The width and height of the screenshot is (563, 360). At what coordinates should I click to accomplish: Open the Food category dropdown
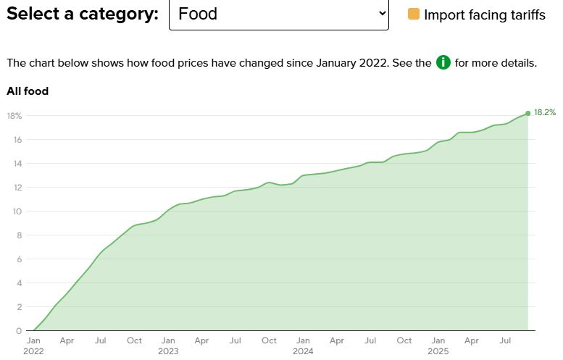(278, 14)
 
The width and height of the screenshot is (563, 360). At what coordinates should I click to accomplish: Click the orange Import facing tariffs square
(414, 14)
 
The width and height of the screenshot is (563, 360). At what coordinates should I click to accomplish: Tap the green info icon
(443, 62)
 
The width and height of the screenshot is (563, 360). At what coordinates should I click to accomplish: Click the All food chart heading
(28, 91)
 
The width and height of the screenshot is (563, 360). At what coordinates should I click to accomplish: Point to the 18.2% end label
(545, 112)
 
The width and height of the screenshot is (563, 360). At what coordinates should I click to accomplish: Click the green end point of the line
(527, 113)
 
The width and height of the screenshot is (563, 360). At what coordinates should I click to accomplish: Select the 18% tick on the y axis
(14, 116)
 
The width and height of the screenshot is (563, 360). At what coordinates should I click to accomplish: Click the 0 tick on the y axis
(20, 331)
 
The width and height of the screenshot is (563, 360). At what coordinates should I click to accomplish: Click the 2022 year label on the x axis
(33, 351)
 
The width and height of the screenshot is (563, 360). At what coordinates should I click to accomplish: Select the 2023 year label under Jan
(168, 351)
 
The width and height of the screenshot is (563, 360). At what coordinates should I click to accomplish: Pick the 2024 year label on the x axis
(303, 351)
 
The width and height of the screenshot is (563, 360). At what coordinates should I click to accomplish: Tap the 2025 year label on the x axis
(438, 351)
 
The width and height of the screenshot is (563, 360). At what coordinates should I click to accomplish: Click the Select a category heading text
(83, 14)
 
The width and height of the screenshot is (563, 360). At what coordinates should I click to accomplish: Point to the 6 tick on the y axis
(20, 259)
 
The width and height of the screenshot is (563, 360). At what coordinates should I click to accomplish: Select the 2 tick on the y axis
(20, 307)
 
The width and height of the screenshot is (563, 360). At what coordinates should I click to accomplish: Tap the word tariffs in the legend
(525, 14)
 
